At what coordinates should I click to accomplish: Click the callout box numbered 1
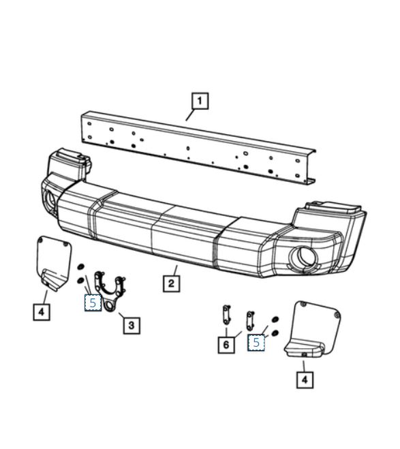200,101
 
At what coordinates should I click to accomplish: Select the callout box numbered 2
171,283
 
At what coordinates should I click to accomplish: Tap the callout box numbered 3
132,325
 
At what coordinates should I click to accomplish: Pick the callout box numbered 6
226,345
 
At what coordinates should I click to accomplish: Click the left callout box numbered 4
42,312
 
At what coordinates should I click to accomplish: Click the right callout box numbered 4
305,380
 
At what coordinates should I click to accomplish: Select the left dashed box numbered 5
93,303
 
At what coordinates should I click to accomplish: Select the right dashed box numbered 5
256,343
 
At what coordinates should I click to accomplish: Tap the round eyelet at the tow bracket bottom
109,305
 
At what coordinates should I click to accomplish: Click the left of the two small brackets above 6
226,314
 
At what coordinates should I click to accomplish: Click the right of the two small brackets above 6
250,321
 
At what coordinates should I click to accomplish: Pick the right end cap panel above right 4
312,329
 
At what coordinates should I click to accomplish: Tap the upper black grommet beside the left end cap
80,267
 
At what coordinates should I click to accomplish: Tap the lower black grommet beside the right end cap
275,332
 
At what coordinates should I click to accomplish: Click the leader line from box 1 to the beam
190,115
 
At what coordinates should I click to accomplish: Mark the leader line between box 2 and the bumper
175,270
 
